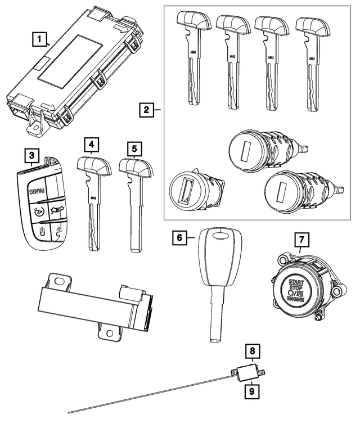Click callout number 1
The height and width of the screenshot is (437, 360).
point(38,39)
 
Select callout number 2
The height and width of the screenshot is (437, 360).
point(146,109)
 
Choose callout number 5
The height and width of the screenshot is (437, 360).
point(134,149)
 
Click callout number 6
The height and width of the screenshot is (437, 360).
point(178,238)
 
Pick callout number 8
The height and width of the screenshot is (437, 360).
point(253,352)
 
